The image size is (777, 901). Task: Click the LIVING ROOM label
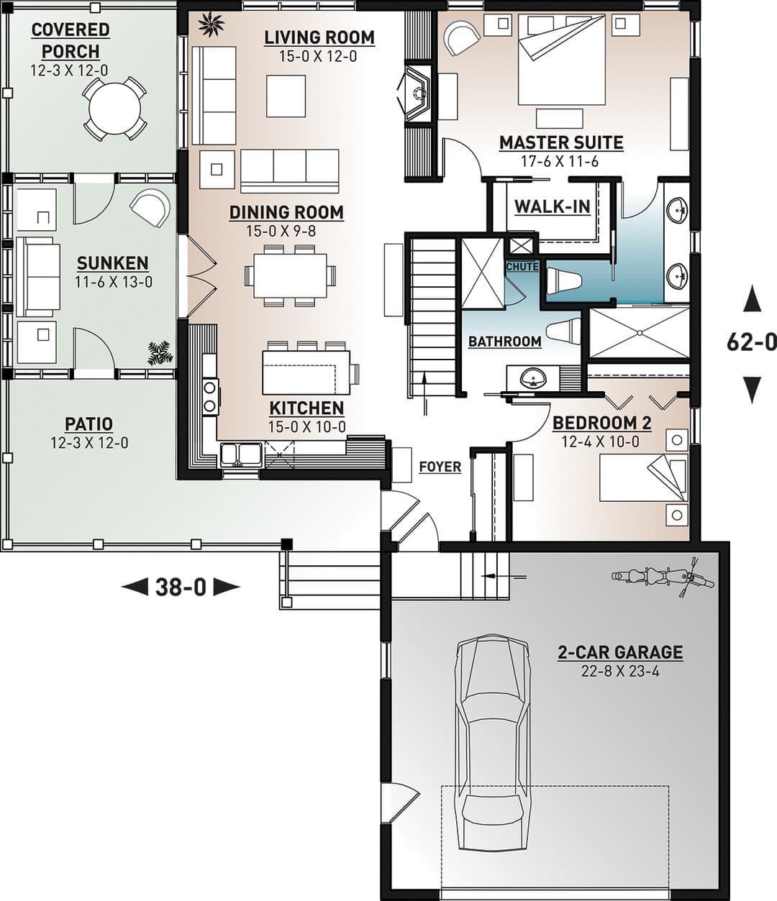coord(319,37)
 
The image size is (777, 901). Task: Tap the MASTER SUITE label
coord(561,142)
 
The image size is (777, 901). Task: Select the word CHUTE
coord(522,266)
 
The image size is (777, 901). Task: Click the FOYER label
coord(440,467)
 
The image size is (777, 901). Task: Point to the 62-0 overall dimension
coord(752,342)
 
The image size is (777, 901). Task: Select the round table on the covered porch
coord(114,109)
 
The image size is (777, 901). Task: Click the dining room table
coord(291,276)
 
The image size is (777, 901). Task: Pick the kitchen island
coord(306,372)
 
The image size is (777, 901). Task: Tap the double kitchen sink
coord(241,454)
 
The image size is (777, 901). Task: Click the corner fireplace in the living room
coord(414,93)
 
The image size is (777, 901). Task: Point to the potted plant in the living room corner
coord(211,24)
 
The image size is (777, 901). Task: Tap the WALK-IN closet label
coord(553,206)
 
